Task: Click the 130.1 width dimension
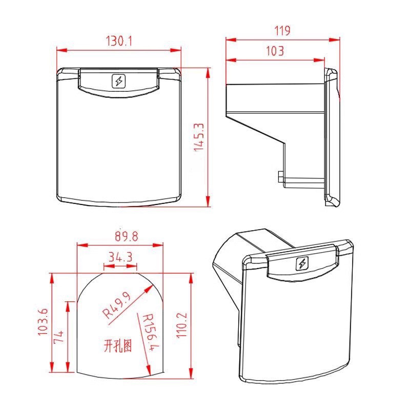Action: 119,42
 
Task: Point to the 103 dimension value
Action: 275,51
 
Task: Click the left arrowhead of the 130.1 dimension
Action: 59,50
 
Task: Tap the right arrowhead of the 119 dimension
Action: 338,39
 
